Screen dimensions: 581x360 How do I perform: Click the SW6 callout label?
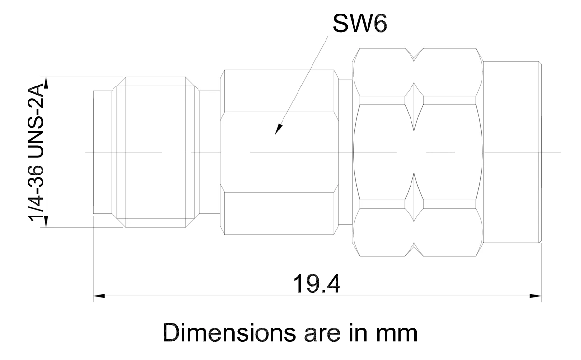pyautogui.click(x=360, y=24)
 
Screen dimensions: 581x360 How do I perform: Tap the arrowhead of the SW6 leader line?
pyautogui.click(x=278, y=130)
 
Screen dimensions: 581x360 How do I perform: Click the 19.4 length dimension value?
pyautogui.click(x=316, y=284)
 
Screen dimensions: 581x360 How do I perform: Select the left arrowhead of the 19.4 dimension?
pyautogui.click(x=99, y=296)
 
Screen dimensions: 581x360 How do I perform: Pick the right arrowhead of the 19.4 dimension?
pyautogui.click(x=536, y=296)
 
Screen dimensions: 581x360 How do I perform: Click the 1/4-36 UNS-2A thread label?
pyautogui.click(x=36, y=152)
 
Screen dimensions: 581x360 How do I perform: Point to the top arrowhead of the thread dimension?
pyautogui.click(x=46, y=83)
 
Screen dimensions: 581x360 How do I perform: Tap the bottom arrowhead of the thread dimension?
pyautogui.click(x=46, y=221)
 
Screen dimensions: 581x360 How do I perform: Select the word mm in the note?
pyautogui.click(x=397, y=334)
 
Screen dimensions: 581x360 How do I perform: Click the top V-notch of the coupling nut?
pyautogui.click(x=414, y=55)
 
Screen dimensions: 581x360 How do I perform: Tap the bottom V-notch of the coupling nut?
pyautogui.click(x=414, y=249)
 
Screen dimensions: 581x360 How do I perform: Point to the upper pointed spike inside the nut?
pyautogui.click(x=414, y=107)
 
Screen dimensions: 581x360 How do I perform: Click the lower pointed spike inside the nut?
pyautogui.click(x=414, y=197)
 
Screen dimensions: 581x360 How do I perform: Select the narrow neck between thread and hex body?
pyautogui.click(x=210, y=152)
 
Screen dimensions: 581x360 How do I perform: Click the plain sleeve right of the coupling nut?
pyautogui.click(x=512, y=152)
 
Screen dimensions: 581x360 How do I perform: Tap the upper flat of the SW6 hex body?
pyautogui.click(x=279, y=91)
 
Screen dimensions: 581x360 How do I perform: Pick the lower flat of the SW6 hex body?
pyautogui.click(x=279, y=214)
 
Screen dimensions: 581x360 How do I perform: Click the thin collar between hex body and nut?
pyautogui.click(x=345, y=152)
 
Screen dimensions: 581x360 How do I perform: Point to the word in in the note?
pyautogui.click(x=358, y=332)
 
